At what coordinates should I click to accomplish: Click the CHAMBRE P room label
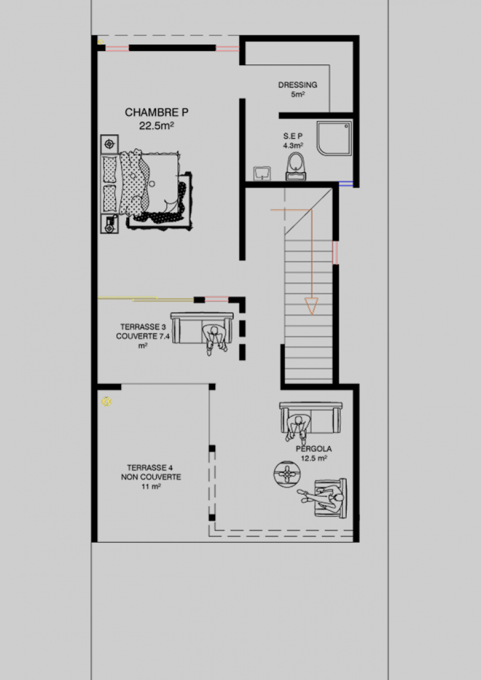click(x=156, y=112)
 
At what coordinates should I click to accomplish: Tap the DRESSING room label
click(x=298, y=85)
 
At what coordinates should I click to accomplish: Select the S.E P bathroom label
click(x=293, y=136)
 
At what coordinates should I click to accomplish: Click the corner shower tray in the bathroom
click(x=334, y=138)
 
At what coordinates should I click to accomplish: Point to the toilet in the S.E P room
click(x=296, y=166)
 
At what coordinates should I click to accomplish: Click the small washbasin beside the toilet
click(x=262, y=173)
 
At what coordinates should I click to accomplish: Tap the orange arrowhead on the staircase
click(x=311, y=306)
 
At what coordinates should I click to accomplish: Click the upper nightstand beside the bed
click(x=109, y=144)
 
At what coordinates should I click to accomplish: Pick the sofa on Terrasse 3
click(x=202, y=328)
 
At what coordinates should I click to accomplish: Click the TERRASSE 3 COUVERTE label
click(x=143, y=336)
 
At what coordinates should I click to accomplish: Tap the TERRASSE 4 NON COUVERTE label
click(x=151, y=477)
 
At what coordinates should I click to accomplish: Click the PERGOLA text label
click(x=313, y=449)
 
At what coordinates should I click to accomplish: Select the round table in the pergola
click(x=287, y=474)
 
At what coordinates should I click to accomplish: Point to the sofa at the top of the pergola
click(x=311, y=418)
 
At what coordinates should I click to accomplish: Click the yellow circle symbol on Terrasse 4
click(x=106, y=402)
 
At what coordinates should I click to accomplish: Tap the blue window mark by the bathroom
click(x=346, y=184)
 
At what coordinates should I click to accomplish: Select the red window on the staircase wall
click(x=335, y=253)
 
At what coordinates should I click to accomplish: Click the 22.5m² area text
click(x=156, y=126)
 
